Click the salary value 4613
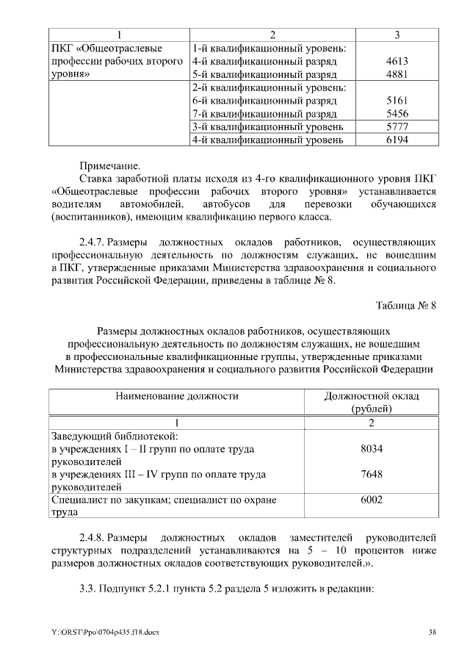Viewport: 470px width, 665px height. click(397, 62)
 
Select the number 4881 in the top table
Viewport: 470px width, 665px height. click(397, 74)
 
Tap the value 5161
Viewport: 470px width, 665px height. click(397, 101)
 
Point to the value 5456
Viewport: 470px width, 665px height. click(397, 114)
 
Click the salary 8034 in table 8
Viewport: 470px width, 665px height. click(372, 448)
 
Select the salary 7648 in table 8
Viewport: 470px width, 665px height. click(372, 474)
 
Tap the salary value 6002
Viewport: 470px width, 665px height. click(372, 500)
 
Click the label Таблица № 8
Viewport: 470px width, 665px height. click(405, 306)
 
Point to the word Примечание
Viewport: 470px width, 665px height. click(109, 167)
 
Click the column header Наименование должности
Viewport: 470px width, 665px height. click(176, 396)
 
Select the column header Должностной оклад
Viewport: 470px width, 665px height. click(372, 396)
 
